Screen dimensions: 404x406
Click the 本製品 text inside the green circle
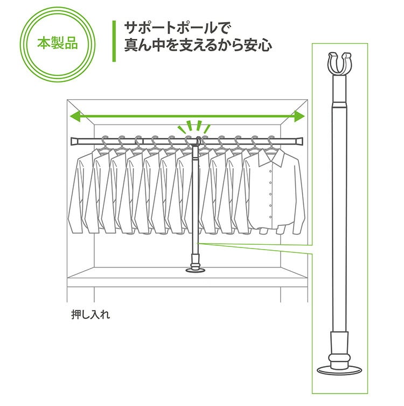click(58, 43)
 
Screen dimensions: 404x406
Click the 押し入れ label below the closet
click(90, 314)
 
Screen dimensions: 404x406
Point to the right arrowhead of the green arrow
click(299, 116)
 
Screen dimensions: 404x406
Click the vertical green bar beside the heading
click(114, 41)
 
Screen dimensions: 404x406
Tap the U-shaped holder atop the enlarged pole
click(339, 64)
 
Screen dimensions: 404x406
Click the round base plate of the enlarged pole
click(339, 370)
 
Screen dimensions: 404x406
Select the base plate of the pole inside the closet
click(196, 270)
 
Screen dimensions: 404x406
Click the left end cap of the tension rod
click(75, 142)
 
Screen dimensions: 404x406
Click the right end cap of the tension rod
click(299, 141)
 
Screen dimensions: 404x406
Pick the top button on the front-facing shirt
click(270, 171)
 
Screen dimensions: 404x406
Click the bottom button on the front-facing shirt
click(270, 217)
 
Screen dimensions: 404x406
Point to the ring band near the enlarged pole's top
click(339, 105)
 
